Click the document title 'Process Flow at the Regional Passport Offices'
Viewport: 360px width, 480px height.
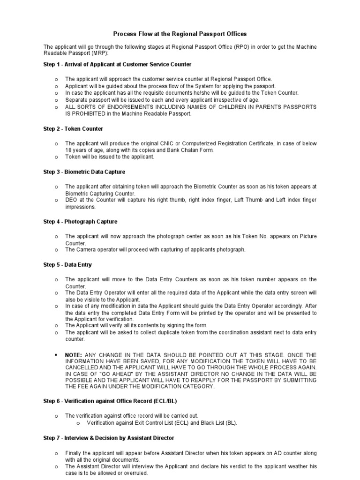click(180, 34)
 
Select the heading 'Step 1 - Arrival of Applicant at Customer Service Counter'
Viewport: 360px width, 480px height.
click(117, 64)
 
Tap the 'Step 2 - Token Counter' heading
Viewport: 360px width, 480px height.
click(73, 128)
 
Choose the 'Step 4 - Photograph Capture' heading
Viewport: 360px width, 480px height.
click(80, 221)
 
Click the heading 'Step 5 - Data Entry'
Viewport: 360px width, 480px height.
click(67, 264)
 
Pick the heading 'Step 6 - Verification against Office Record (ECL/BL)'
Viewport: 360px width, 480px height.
click(110, 401)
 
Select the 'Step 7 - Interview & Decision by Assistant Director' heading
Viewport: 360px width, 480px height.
click(109, 438)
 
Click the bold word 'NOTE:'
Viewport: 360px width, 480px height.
click(74, 355)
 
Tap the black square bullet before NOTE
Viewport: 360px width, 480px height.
click(56, 355)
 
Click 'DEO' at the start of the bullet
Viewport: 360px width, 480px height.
click(71, 200)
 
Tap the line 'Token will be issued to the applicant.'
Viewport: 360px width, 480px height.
click(110, 157)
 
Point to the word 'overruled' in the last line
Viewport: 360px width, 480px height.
click(136, 473)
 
